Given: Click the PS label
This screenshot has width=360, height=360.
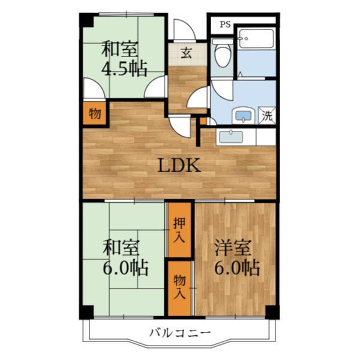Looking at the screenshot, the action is (x=225, y=25).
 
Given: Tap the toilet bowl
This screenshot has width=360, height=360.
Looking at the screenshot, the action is (x=222, y=53).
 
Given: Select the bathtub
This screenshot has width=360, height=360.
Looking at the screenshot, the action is (x=256, y=38).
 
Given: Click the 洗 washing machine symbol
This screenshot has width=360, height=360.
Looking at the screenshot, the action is (x=267, y=116).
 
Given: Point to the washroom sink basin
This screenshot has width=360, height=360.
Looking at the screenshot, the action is (x=243, y=116).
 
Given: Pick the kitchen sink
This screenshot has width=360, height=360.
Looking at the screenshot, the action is (x=231, y=137).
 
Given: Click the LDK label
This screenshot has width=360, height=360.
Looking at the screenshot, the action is (x=179, y=165).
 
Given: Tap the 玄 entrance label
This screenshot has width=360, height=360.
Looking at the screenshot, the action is (x=186, y=53).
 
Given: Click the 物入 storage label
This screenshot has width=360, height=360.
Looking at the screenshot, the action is (x=179, y=287).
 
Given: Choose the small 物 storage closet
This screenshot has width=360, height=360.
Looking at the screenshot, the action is (x=95, y=113).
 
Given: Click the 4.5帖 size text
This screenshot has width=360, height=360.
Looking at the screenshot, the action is (x=124, y=68).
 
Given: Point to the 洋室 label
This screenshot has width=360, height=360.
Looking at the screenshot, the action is (x=232, y=248).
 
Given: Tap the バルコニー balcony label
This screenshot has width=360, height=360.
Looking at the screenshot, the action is (x=180, y=332).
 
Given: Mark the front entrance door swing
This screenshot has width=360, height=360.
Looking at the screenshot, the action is (x=184, y=29).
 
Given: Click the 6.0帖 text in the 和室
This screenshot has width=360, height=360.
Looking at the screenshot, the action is (x=125, y=268).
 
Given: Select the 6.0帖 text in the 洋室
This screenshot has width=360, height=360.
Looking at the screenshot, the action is (x=237, y=268).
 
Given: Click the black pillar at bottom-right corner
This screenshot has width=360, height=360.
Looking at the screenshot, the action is (x=272, y=312).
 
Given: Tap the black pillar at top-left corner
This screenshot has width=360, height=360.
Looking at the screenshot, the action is (x=86, y=20).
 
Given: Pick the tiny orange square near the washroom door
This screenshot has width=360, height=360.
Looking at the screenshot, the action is (x=203, y=121).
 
